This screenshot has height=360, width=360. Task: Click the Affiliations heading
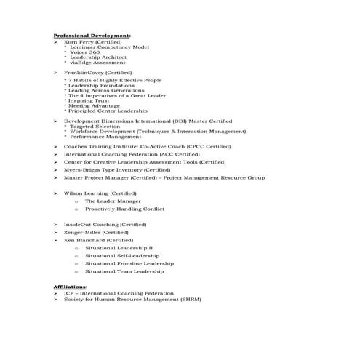(x=70, y=287)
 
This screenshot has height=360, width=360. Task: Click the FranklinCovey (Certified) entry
(x=97, y=73)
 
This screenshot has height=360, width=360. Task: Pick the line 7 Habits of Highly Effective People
(x=115, y=80)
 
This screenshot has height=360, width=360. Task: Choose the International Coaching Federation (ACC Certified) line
(x=131, y=154)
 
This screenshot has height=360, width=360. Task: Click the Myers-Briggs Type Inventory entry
(x=116, y=169)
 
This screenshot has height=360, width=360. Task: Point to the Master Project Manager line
(x=164, y=177)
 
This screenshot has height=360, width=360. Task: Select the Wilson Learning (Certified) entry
(x=100, y=193)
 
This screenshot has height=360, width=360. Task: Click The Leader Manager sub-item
(x=113, y=201)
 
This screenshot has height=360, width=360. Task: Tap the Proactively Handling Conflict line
(x=124, y=209)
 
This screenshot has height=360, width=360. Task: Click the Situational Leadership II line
(x=119, y=248)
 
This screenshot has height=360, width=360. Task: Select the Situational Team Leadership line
(x=124, y=271)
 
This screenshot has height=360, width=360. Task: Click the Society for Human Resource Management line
(x=132, y=299)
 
